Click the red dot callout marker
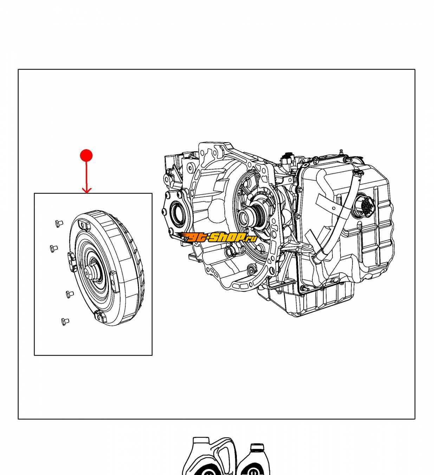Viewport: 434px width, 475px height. coord(86,155)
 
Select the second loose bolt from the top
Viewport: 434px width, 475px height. coord(54,248)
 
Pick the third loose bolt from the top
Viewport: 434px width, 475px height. coord(70,294)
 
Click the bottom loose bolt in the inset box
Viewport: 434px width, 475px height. coord(65,321)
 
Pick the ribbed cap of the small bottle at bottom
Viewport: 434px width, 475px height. coord(257,448)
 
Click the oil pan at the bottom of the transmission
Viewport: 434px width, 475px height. coord(309,299)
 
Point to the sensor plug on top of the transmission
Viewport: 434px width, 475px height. coord(287,158)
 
